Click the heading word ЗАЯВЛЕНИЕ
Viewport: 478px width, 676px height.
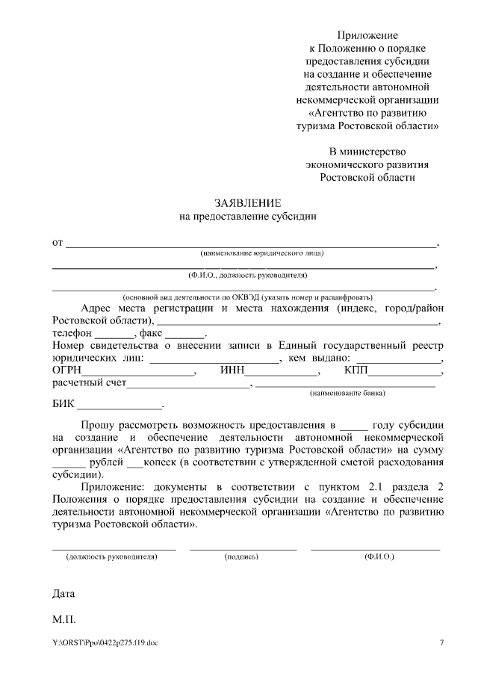pos(247,203)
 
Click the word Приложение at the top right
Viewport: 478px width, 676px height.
pos(367,35)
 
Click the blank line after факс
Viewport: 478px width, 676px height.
pos(189,334)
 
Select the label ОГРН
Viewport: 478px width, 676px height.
pos(66,370)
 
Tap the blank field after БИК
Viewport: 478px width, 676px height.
pos(120,408)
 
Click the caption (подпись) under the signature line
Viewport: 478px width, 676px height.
pos(241,557)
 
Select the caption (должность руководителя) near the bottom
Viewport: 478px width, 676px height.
pos(112,557)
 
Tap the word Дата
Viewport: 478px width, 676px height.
pos(63,595)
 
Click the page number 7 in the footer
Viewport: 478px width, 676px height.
pos(441,644)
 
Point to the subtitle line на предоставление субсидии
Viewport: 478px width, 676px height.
pos(247,217)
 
